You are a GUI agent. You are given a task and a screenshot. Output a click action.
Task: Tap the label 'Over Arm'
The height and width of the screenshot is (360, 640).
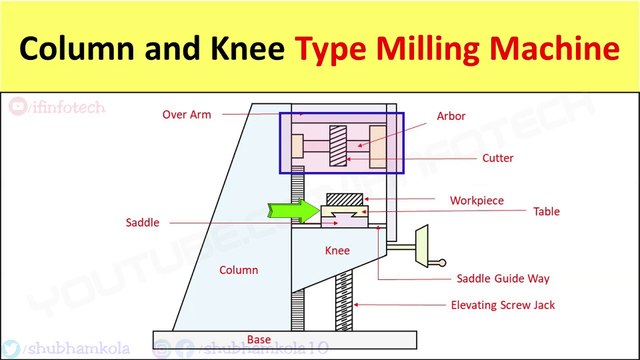point(189,114)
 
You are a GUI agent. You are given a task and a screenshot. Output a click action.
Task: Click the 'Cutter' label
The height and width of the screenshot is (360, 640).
point(499,157)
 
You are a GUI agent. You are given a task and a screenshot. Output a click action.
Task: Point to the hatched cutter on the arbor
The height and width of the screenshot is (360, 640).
point(339,145)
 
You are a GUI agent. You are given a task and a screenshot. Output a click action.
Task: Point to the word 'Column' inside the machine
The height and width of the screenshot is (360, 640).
point(237,270)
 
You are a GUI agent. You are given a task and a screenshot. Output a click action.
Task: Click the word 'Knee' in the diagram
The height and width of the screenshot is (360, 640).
point(337,250)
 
